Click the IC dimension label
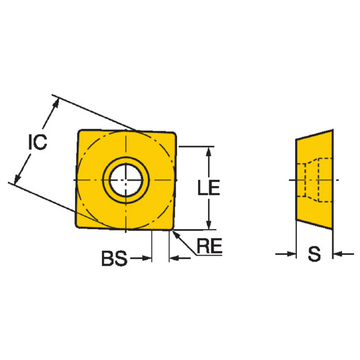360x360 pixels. click(x=38, y=142)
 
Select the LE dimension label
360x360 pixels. click(x=209, y=188)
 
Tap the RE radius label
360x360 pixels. click(x=209, y=246)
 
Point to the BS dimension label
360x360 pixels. click(x=114, y=258)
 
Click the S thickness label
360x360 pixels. click(x=314, y=254)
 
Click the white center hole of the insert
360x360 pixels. click(x=125, y=180)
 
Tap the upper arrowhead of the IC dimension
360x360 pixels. click(x=56, y=103)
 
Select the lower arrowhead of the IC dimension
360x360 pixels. click(x=17, y=179)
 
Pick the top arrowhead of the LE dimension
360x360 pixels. click(x=208, y=152)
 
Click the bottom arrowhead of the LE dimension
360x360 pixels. click(x=208, y=224)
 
